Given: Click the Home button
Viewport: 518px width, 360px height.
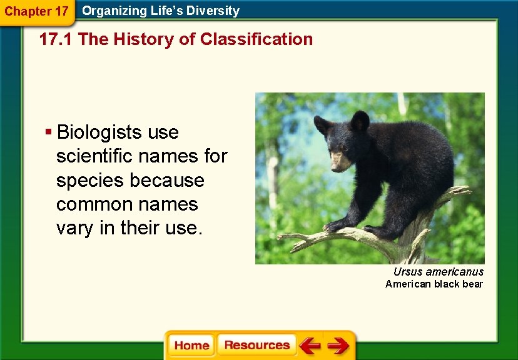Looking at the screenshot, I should tap(191, 346).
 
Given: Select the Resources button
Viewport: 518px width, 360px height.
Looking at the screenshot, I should tap(256, 346).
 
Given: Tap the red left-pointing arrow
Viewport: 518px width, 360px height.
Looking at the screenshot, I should tap(309, 346).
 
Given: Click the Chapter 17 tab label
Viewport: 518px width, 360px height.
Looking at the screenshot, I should tap(36, 11).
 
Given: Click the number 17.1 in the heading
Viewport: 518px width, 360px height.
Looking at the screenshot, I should tap(57, 39).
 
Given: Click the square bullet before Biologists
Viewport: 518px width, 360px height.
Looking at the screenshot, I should tap(48, 132).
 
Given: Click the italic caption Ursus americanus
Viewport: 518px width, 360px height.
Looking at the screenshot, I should tap(438, 272).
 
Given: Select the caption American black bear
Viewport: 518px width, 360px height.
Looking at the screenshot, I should tap(434, 284).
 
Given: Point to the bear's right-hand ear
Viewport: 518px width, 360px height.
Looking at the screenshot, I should tap(360, 121).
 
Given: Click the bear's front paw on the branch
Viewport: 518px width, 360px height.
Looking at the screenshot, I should tap(338, 224).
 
